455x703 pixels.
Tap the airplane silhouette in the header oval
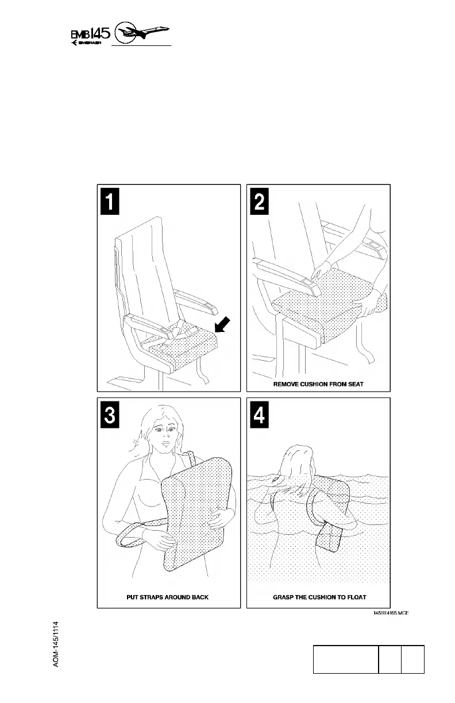coord(144,33)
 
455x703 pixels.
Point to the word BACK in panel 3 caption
coord(199,597)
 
